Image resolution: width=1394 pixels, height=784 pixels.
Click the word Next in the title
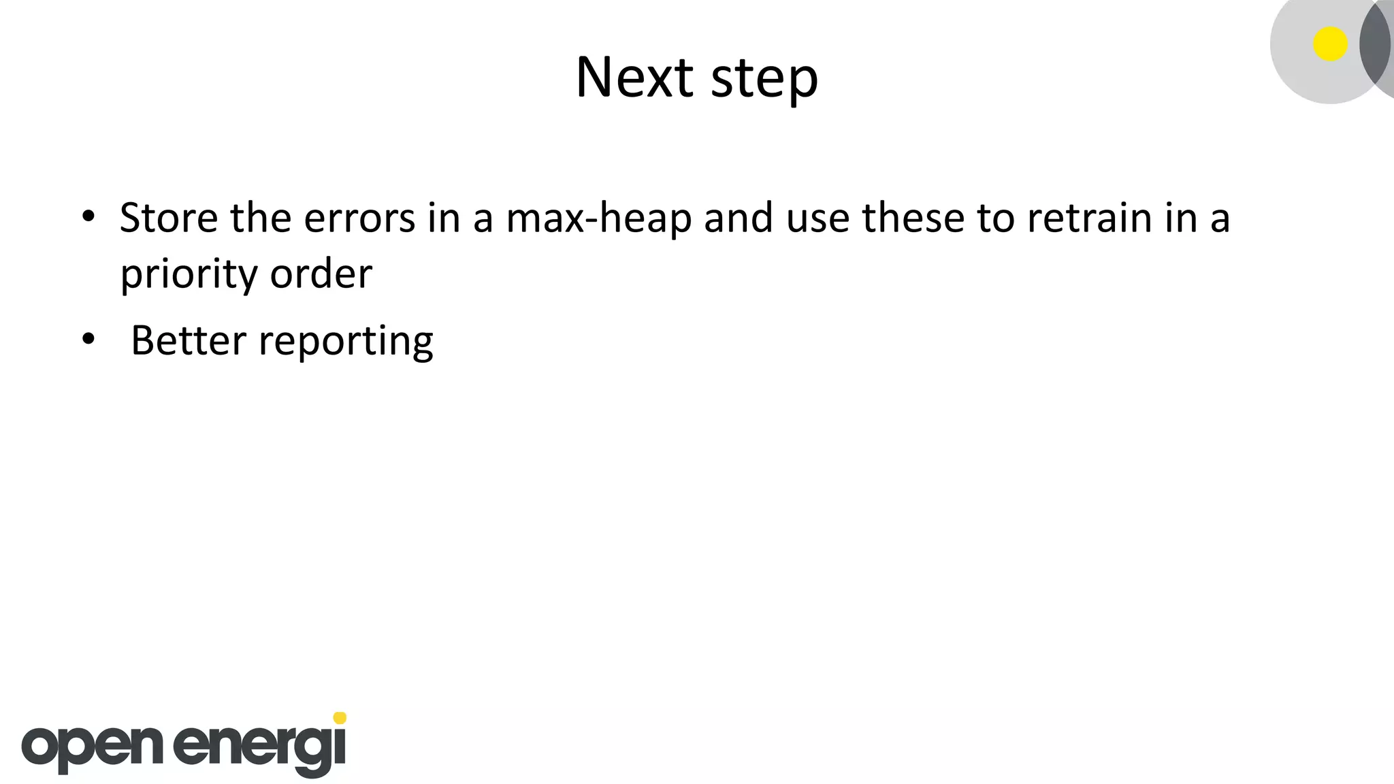point(634,77)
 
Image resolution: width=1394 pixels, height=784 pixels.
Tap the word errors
point(359,219)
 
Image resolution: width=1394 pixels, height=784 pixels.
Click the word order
point(321,274)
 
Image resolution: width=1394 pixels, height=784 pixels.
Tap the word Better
point(188,340)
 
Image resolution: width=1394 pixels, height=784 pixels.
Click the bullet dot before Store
point(88,216)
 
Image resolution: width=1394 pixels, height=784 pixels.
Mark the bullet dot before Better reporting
point(88,338)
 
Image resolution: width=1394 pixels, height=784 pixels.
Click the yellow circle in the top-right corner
point(1330,44)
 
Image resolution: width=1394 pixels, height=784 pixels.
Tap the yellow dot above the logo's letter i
point(340,718)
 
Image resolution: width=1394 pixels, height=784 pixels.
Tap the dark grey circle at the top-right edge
point(1378,44)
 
